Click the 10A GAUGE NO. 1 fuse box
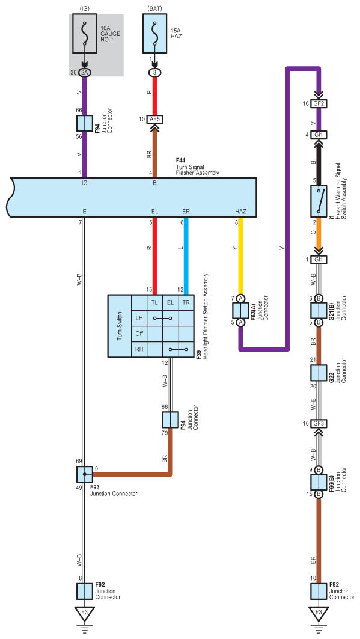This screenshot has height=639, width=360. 85,34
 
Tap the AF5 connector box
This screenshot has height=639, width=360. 154,120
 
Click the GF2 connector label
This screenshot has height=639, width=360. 319,103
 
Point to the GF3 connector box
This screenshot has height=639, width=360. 319,423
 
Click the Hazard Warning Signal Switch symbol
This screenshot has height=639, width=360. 319,201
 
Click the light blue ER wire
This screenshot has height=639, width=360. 186,255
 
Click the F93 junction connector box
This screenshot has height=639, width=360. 85,474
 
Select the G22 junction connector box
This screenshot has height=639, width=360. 319,373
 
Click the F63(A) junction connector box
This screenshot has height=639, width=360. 240,311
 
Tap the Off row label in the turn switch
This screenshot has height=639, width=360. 139,334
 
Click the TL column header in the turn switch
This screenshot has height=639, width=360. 154,302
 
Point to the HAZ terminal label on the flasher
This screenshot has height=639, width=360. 240,212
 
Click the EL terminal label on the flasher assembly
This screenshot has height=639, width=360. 154,212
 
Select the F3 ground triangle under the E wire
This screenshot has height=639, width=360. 85,612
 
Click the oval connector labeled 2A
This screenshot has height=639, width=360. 85,72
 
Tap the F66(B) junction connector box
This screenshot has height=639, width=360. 319,482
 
